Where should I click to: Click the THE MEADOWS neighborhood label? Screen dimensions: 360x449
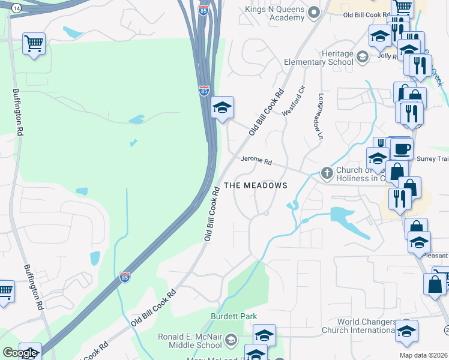256,185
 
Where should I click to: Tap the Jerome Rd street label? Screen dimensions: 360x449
256,161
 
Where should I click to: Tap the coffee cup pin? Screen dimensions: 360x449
401,148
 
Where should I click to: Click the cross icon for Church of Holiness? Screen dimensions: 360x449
327,173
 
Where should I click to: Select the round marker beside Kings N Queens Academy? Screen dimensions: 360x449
313,13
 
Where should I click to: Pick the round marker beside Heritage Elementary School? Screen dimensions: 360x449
362,58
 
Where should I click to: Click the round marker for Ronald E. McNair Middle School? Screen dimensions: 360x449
231,341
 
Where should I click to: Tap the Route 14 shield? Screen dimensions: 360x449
15,7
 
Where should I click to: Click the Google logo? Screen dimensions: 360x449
20,353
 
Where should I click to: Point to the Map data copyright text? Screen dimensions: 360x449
423,355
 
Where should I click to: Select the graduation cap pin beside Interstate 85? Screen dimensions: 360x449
222,108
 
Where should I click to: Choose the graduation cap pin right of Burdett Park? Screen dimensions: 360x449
264,335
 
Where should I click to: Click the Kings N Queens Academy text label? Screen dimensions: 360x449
275,13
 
